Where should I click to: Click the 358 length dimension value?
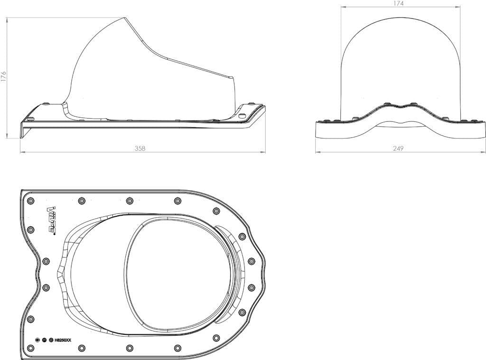point(140,148)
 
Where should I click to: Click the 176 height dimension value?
point(3,76)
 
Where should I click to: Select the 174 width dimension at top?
point(398,3)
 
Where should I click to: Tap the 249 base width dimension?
point(398,148)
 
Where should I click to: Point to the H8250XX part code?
point(63,340)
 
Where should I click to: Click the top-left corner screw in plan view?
point(31,201)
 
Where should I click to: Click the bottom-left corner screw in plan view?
point(31,348)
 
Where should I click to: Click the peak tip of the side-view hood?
point(125,18)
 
